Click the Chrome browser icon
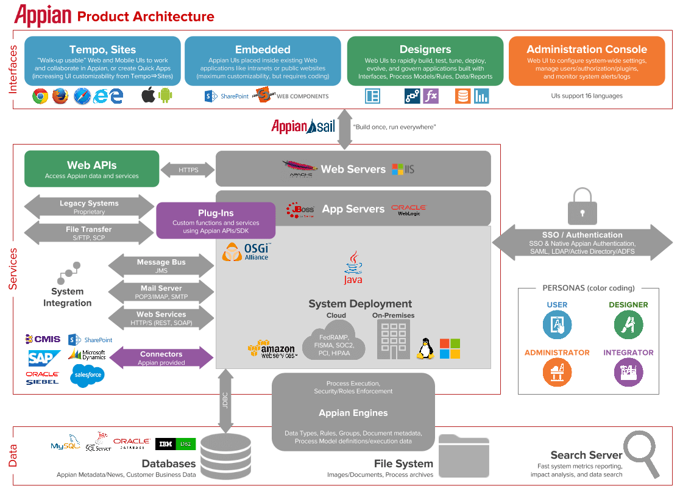pyautogui.click(x=40, y=96)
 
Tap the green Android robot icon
pyautogui.click(x=165, y=96)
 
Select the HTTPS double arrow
pyautogui.click(x=188, y=170)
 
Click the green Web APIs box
pyautogui.click(x=91, y=169)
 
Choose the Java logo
pyautogui.click(x=353, y=269)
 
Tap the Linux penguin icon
pyautogui.click(x=425, y=348)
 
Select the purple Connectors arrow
pyautogui.click(x=161, y=358)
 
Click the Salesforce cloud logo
pyautogui.click(x=87, y=375)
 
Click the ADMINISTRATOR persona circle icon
pyautogui.click(x=557, y=373)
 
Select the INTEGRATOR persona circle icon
pyautogui.click(x=628, y=373)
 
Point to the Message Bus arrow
pyautogui.click(x=161, y=266)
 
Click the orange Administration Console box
pyautogui.click(x=586, y=61)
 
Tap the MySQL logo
pyautogui.click(x=65, y=445)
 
